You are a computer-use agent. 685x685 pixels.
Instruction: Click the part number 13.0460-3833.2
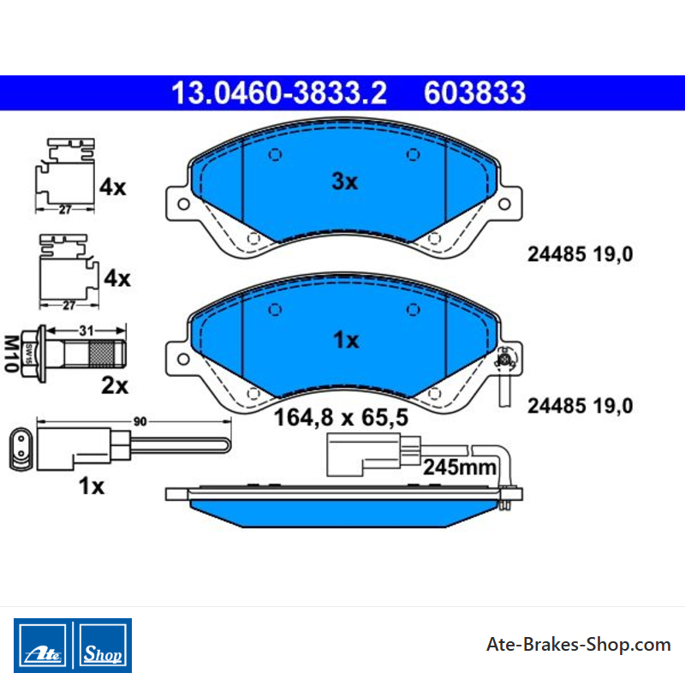click(x=279, y=93)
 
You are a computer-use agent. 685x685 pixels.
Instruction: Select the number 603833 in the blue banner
click(x=475, y=93)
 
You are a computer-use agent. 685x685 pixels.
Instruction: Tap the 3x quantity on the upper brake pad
click(x=345, y=182)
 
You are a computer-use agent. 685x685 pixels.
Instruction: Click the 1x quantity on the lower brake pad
click(x=346, y=340)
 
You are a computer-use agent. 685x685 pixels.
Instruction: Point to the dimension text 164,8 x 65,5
click(x=341, y=417)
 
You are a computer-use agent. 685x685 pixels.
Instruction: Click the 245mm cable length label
click(x=460, y=468)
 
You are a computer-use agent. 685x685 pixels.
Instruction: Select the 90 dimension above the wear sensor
click(x=140, y=421)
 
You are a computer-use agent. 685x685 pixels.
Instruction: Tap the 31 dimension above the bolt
click(x=86, y=331)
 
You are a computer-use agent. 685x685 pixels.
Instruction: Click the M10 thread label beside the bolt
click(x=11, y=354)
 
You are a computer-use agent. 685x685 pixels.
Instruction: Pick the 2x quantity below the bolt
click(x=115, y=386)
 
